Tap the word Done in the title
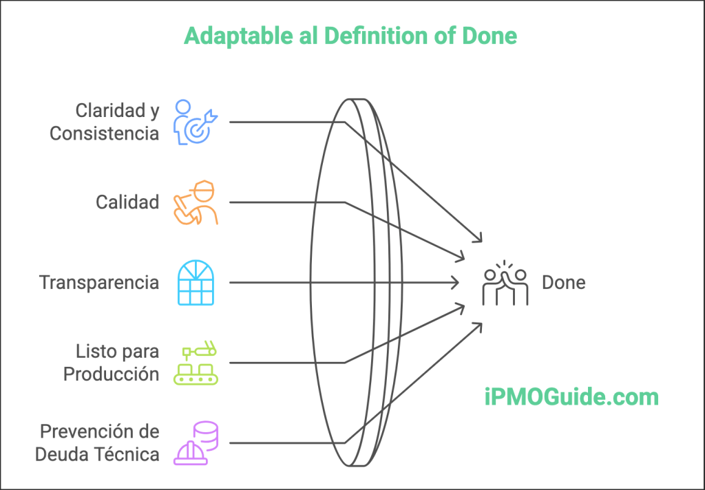pyautogui.click(x=490, y=36)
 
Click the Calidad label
pyautogui.click(x=127, y=202)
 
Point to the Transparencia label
pyautogui.click(x=99, y=283)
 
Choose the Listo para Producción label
pyautogui.click(x=111, y=363)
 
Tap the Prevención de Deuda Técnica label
pyautogui.click(x=97, y=443)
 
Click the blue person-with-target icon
pyautogui.click(x=196, y=122)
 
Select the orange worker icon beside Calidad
pyautogui.click(x=196, y=202)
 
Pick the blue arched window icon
pyautogui.click(x=196, y=283)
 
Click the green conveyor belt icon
pyautogui.click(x=196, y=363)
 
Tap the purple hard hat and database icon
pyautogui.click(x=196, y=443)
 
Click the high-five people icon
pyautogui.click(x=505, y=283)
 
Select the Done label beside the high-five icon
pyautogui.click(x=564, y=283)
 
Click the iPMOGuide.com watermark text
pyautogui.click(x=571, y=397)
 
